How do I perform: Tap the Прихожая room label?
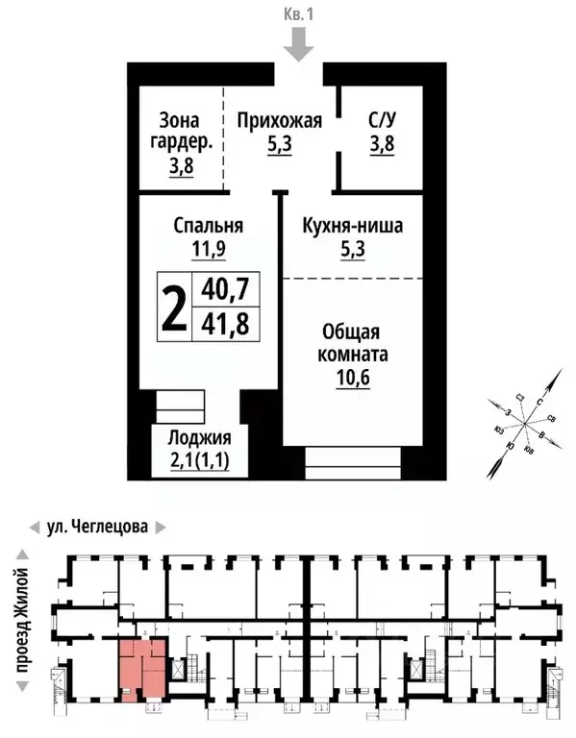point(279,121)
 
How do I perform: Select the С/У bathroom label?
point(382,121)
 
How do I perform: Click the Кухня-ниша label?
point(351,227)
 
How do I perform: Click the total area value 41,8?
point(224,324)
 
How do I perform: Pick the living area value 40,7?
point(224,287)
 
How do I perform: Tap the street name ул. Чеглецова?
point(98,527)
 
